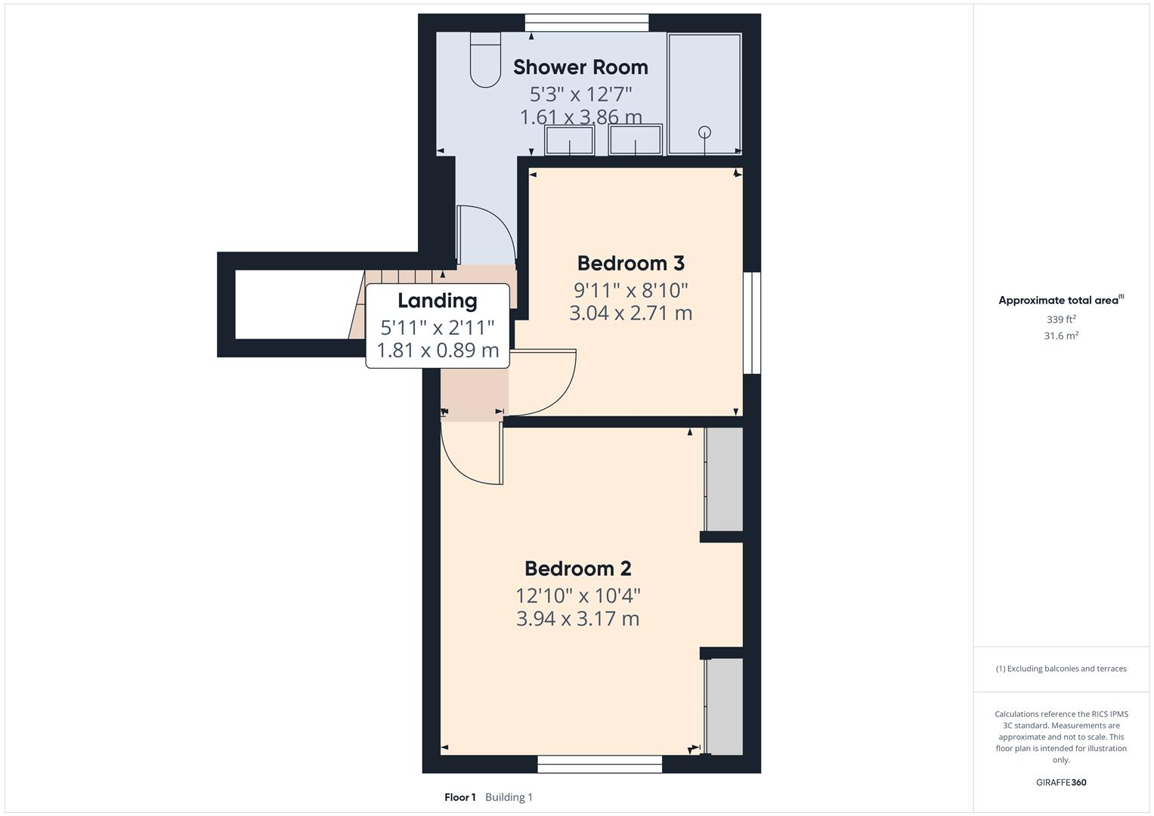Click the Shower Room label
point(580,67)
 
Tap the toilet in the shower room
point(485,59)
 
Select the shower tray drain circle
point(705,132)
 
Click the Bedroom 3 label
point(630,263)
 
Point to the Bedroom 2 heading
point(577,568)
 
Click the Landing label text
point(437,301)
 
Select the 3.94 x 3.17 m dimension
point(577,619)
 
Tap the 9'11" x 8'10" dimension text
point(630,289)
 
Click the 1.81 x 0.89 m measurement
point(438,350)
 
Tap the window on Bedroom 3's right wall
point(751,323)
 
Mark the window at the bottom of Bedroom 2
point(599,764)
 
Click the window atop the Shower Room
point(586,23)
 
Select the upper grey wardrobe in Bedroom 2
point(724,480)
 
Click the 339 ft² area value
point(1061,320)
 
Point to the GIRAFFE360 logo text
point(1061,782)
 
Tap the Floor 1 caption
point(459,797)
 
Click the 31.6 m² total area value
point(1061,336)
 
